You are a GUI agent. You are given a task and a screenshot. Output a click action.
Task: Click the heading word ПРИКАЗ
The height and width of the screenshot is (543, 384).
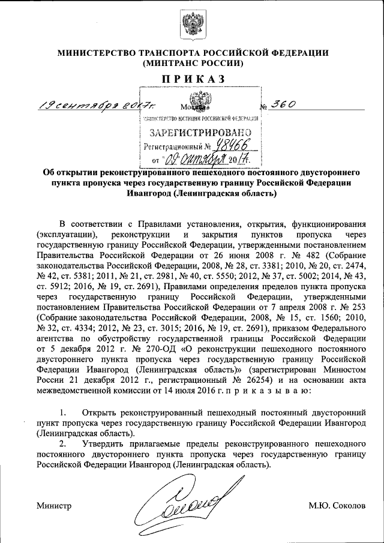[x=192, y=79]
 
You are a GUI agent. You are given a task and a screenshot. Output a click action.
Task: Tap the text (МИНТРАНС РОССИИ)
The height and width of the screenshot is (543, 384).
[x=192, y=62]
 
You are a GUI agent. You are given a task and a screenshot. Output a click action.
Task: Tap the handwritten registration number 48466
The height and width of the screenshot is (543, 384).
[x=235, y=145]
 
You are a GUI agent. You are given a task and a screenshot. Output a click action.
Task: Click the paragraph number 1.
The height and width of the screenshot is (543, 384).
[x=63, y=413]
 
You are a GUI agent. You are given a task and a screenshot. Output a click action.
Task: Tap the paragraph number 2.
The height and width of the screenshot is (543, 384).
[x=63, y=443]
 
